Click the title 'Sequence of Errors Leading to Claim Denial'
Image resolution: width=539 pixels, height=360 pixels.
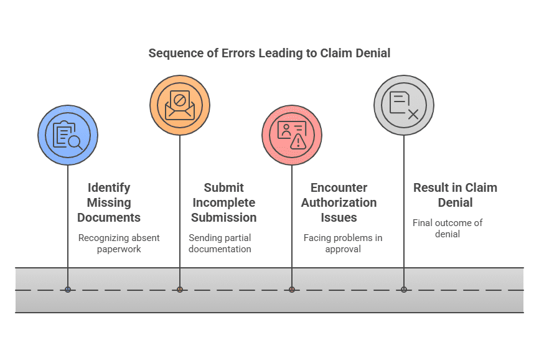tap(269, 53)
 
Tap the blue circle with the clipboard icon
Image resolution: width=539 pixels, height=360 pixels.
tap(68, 135)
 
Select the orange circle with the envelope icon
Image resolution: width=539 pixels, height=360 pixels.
tap(180, 105)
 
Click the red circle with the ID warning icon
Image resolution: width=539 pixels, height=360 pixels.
tap(292, 135)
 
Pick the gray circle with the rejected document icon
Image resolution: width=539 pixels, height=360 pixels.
tap(404, 105)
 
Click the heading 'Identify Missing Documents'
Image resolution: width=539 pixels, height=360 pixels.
tap(109, 202)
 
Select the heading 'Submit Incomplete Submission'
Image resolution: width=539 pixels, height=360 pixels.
tap(223, 202)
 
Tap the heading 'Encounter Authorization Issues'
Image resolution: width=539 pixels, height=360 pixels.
tap(339, 202)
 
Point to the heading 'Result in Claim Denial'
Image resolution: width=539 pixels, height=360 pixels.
tap(455, 195)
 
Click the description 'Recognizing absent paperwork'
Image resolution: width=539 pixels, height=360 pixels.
tap(119, 244)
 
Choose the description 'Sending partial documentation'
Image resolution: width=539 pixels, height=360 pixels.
tap(220, 244)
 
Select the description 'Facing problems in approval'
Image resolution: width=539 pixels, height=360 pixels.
tap(343, 244)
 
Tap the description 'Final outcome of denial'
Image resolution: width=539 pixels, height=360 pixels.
tap(448, 229)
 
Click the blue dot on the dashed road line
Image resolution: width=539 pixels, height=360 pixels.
tap(68, 290)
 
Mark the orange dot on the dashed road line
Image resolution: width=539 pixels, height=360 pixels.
tap(180, 290)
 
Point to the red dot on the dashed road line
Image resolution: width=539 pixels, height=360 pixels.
tap(292, 290)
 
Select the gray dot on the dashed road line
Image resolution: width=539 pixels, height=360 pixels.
tap(404, 290)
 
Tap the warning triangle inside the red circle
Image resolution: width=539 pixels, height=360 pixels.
tap(299, 143)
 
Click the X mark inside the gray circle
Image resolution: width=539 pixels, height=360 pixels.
tap(413, 113)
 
